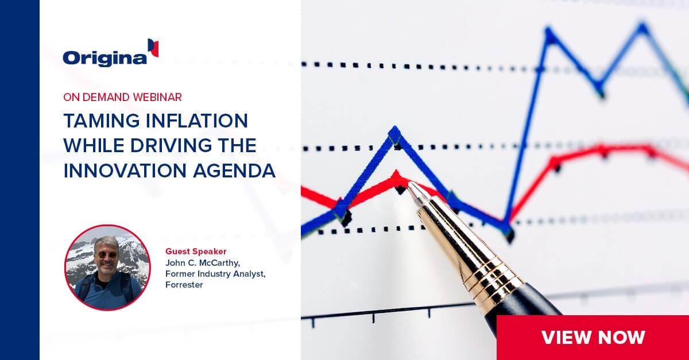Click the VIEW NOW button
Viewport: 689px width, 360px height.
click(593, 338)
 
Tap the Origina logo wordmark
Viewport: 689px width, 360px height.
click(105, 59)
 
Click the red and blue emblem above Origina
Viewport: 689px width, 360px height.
click(153, 48)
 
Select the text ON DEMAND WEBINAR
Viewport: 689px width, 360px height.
click(122, 97)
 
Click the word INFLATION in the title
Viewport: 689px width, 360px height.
click(197, 121)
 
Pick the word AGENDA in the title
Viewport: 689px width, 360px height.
click(234, 171)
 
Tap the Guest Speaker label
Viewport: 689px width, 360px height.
click(196, 251)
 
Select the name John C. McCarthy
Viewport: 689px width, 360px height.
click(202, 263)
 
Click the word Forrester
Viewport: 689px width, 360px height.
click(184, 285)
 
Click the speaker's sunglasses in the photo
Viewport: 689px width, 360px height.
click(107, 254)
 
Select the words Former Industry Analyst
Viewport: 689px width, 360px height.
click(215, 274)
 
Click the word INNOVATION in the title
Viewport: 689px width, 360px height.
click(125, 171)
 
